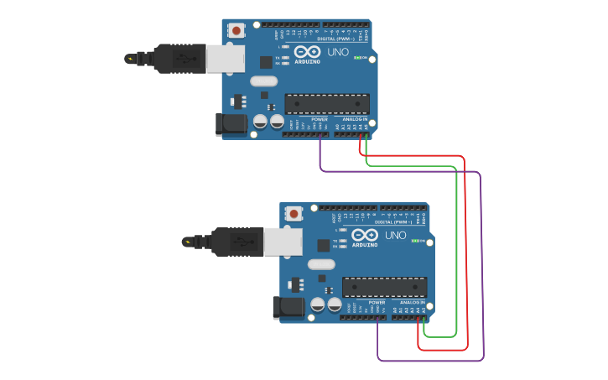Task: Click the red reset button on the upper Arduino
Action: pos(236,30)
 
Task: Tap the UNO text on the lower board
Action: pos(395,236)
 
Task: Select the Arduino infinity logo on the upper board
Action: pos(308,52)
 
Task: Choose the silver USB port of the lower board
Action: pos(283,242)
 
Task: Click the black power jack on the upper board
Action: pos(231,124)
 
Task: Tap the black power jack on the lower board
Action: pos(289,308)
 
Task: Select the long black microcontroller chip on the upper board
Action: pos(327,103)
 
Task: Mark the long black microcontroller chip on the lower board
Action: pos(385,287)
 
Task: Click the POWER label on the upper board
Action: pos(320,119)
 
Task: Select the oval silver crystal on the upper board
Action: pos(262,81)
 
